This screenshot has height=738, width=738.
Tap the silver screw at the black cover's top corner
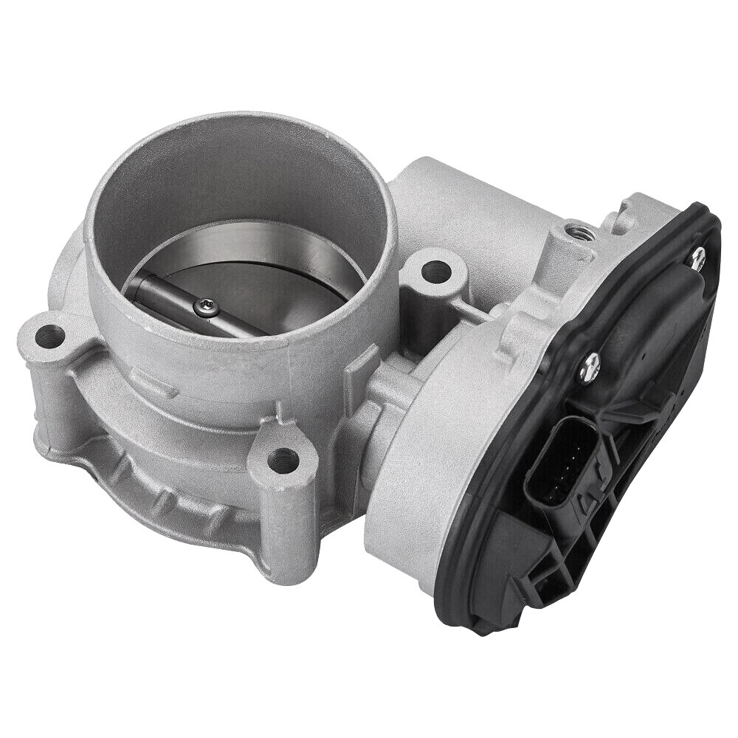click(x=697, y=255)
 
